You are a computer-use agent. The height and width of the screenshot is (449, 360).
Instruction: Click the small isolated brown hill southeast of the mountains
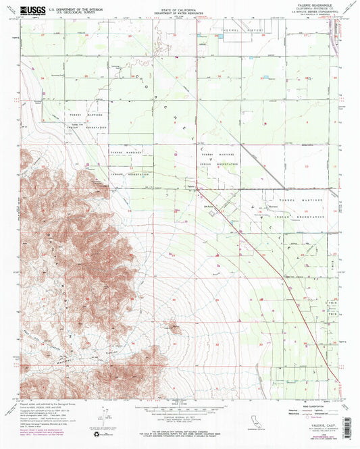[174, 329]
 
